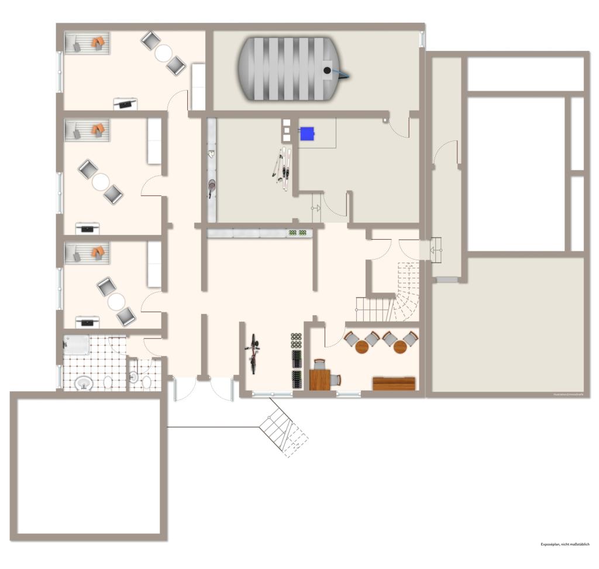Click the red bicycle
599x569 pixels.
(x=254, y=353)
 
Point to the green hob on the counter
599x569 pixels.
(x=297, y=233)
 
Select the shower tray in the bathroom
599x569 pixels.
(x=77, y=345)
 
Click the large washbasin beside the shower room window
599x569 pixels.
(x=85, y=383)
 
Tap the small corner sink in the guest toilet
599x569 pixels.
(x=133, y=378)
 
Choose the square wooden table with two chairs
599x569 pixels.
(x=320, y=380)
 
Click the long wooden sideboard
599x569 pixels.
(x=394, y=384)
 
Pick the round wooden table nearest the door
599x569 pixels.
(x=363, y=347)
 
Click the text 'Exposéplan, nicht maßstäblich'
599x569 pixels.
(x=565, y=544)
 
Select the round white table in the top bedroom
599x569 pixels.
(x=163, y=53)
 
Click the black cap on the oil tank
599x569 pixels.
(x=327, y=70)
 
